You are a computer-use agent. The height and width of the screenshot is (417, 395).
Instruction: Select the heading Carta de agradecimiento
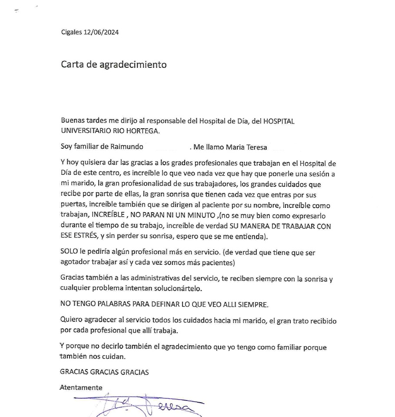(x=113, y=65)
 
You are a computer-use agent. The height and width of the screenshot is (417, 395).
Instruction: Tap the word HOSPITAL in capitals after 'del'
(x=279, y=121)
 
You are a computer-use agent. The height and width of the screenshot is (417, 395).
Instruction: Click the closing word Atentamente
(x=81, y=387)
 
